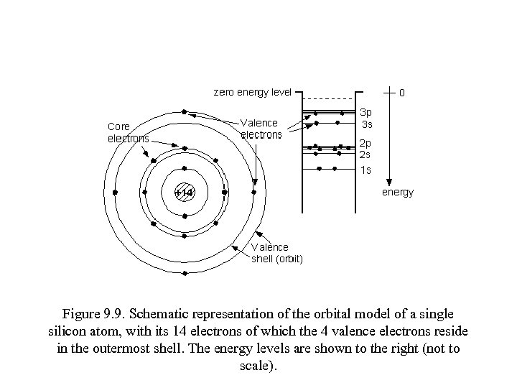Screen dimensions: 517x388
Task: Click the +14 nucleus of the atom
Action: (185, 193)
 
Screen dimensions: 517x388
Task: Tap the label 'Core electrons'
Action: (129, 132)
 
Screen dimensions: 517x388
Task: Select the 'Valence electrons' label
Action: (261, 128)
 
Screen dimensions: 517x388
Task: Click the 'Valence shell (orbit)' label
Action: (276, 253)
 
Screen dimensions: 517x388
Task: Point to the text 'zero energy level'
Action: (253, 92)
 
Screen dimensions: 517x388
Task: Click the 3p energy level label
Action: (365, 113)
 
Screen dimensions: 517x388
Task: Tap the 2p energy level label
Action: (365, 142)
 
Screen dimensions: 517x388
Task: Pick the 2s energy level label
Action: (365, 154)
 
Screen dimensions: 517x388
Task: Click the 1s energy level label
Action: (365, 170)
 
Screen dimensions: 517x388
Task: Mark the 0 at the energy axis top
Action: (402, 93)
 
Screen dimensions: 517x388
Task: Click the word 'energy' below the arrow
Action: (397, 193)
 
